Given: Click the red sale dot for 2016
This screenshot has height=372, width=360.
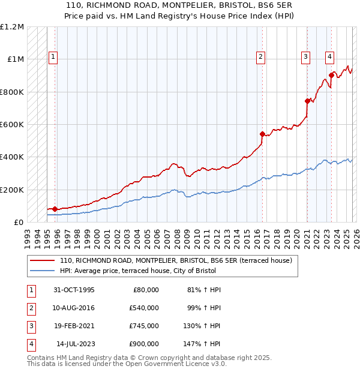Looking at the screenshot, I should (x=262, y=134).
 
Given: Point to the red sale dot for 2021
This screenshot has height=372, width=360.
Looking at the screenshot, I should (x=307, y=101).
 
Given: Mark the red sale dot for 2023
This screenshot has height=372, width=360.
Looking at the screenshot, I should (x=331, y=76).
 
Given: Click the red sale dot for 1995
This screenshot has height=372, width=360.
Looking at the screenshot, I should (x=55, y=209).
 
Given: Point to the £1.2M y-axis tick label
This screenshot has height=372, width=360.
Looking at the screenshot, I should (x=12, y=27).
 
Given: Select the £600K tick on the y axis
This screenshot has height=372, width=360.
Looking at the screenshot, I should (x=12, y=125).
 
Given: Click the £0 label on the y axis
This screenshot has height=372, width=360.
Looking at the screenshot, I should (x=19, y=222).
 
